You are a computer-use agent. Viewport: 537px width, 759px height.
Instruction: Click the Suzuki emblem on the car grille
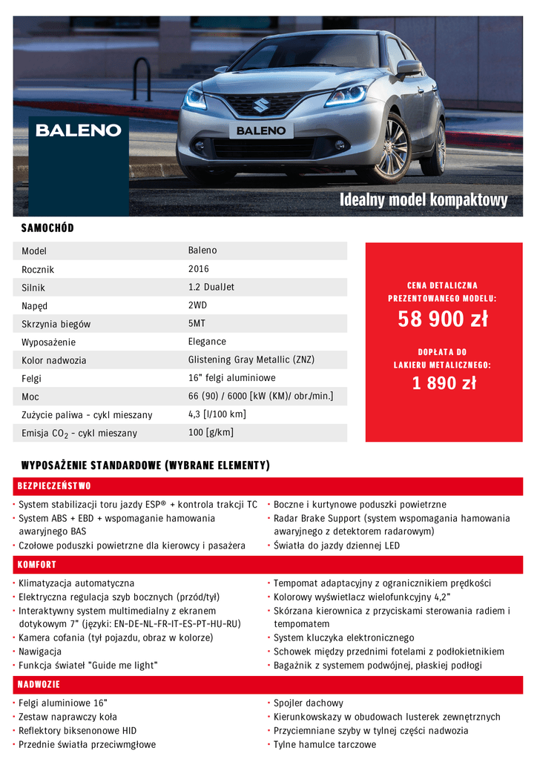(x=261, y=105)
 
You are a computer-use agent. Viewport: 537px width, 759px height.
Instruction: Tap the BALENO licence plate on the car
(x=261, y=130)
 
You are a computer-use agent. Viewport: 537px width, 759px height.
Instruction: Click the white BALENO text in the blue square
(x=79, y=130)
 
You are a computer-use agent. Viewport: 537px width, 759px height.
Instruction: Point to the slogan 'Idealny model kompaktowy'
(x=424, y=200)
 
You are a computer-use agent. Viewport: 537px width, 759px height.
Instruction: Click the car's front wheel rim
(x=393, y=147)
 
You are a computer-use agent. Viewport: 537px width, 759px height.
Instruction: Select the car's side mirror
(x=409, y=67)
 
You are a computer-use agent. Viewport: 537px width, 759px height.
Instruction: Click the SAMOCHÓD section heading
(x=47, y=228)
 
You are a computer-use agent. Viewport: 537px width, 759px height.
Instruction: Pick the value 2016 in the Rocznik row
(x=199, y=269)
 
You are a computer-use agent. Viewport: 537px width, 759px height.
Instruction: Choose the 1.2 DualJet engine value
(x=211, y=287)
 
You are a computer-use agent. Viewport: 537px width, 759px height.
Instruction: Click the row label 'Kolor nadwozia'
(x=54, y=360)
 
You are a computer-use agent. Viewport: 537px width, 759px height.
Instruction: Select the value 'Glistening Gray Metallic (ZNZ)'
(x=251, y=359)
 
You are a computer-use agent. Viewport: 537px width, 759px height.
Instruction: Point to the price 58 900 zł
(x=443, y=319)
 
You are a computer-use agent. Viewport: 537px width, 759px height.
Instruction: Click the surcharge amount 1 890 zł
(x=444, y=383)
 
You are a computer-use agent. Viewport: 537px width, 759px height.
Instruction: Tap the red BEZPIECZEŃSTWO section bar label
(x=54, y=486)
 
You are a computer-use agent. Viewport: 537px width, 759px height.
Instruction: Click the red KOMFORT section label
(x=37, y=565)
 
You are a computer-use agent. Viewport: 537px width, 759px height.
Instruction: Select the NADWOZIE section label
(x=39, y=684)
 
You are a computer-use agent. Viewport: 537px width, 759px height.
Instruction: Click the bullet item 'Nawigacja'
(x=42, y=652)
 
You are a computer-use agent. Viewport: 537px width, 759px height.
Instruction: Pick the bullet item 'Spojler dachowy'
(x=308, y=703)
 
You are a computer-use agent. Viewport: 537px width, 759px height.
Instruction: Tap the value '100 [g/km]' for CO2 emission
(x=211, y=432)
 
